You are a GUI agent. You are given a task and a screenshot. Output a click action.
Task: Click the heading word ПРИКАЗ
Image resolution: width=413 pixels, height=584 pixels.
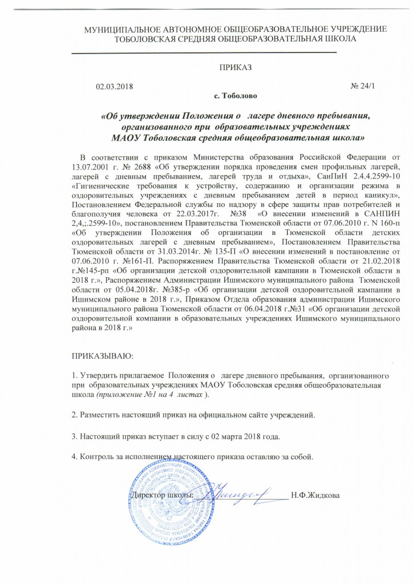(x=234, y=67)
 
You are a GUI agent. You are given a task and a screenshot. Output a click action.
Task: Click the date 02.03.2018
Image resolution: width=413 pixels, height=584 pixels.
(x=114, y=86)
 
